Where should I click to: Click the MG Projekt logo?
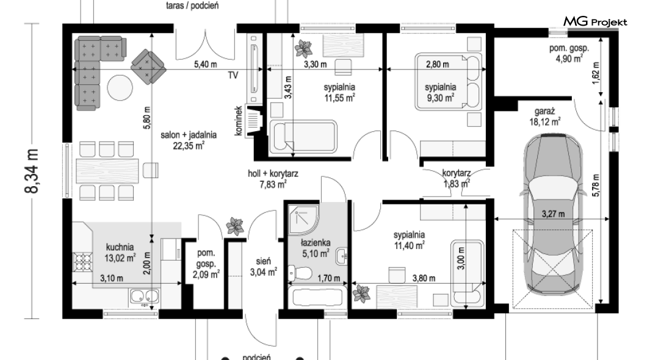point(595,21)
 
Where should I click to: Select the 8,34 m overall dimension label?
point(32,171)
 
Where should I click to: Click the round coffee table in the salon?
point(120,87)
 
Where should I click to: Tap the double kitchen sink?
point(144,296)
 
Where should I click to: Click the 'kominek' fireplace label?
point(238,121)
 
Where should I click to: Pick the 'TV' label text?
point(233,76)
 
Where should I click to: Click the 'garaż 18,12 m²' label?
point(544,117)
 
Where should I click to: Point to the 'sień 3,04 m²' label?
point(263,267)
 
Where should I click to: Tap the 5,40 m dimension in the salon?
point(206,64)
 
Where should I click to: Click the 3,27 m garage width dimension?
point(553,214)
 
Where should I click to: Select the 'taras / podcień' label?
point(192,5)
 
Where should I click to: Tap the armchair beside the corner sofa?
point(148,67)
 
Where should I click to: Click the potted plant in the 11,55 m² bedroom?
point(304,49)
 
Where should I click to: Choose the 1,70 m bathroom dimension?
point(329,278)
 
